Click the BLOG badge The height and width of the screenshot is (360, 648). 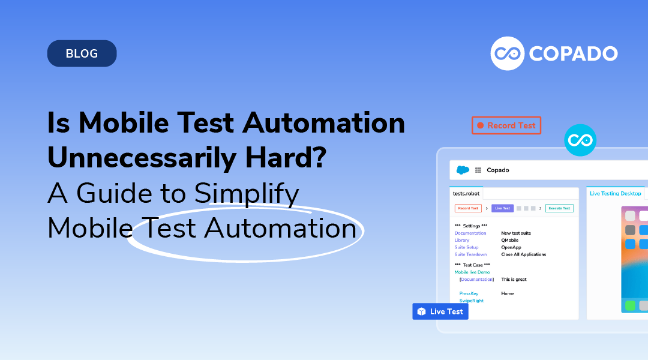(x=82, y=53)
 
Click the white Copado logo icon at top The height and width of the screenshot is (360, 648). (x=508, y=53)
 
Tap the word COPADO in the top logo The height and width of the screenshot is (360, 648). (x=572, y=53)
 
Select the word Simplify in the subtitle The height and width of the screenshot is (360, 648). (x=247, y=193)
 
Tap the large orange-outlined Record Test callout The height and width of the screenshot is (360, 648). (x=506, y=125)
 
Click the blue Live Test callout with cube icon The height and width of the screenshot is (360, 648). (x=440, y=311)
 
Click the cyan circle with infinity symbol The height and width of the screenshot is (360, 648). (x=580, y=140)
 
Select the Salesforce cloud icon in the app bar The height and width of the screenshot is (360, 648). (x=463, y=170)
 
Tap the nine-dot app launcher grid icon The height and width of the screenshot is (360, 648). (x=478, y=170)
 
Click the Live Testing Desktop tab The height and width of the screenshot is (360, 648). (x=615, y=193)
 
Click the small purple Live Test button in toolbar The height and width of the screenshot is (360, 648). (x=502, y=208)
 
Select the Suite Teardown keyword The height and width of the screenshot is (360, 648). (x=470, y=254)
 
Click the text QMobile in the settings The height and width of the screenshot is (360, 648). (x=511, y=240)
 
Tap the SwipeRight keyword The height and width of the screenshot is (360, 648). (x=472, y=301)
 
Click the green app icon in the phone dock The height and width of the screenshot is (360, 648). (x=630, y=305)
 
